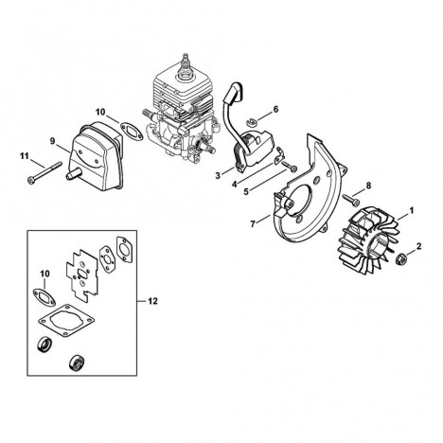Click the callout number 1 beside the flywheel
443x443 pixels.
411,210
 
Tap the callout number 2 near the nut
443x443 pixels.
419,246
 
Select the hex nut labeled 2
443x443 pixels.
400,258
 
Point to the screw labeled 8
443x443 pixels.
350,200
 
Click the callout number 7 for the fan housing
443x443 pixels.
253,224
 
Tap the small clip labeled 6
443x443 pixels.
252,121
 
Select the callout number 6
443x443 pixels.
275,109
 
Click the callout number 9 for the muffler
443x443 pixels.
53,140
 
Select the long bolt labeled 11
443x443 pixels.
44,172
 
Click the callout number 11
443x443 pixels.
25,156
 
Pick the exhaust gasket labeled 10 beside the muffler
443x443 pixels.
132,131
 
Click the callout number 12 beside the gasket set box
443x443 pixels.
152,301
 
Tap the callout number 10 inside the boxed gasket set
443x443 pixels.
45,274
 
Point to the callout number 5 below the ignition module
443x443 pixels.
246,191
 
